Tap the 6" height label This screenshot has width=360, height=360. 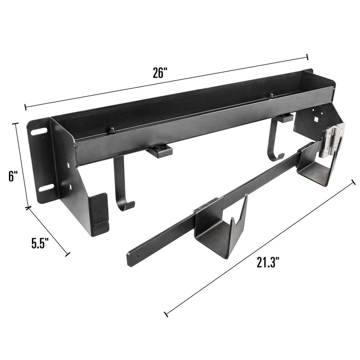[x=12, y=176]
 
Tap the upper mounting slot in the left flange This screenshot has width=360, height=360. [x=39, y=132]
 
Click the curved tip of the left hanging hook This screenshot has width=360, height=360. [x=128, y=207]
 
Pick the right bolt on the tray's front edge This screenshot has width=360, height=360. [x=271, y=96]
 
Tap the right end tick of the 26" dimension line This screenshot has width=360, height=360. [x=307, y=57]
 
